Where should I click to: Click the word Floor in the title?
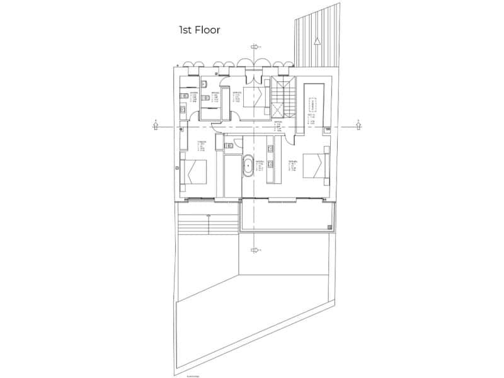click(207, 30)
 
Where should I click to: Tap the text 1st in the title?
click(185, 30)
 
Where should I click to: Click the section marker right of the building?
click(356, 123)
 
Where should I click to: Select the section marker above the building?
click(255, 47)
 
